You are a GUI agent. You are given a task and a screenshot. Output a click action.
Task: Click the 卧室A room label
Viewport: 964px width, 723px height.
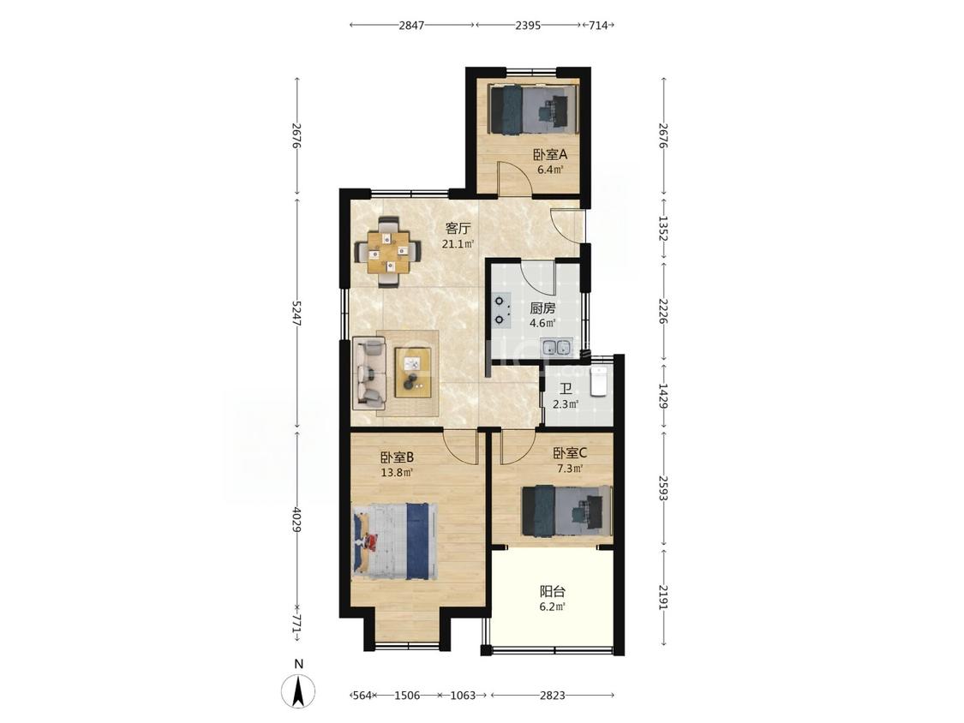point(549,154)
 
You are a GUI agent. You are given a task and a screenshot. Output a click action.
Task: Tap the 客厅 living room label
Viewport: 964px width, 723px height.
point(458,229)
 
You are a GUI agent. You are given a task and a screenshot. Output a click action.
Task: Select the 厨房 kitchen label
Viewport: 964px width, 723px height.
point(543,308)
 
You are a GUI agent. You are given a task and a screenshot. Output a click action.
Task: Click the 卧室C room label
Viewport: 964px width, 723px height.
point(570,453)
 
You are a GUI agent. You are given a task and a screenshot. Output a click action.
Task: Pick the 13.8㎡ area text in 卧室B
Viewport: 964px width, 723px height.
point(397,473)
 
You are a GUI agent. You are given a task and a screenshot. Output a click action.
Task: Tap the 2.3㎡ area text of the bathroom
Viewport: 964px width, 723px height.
point(566,404)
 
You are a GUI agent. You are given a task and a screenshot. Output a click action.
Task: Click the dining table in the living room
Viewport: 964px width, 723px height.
point(388,251)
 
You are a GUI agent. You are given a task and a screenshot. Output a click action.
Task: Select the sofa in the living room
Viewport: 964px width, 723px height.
point(370,373)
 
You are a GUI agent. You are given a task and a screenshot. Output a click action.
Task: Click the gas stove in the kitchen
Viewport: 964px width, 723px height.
point(502,310)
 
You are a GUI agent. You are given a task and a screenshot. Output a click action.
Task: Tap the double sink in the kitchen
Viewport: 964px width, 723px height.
point(556,348)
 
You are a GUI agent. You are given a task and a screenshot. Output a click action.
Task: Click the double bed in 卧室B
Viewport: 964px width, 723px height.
point(395,541)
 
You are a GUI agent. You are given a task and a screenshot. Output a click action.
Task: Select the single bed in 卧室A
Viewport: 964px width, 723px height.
point(533,108)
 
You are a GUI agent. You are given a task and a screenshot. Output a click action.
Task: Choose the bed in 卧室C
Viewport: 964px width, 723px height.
point(567,511)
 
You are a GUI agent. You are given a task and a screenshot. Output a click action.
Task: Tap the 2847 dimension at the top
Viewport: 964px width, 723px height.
point(411,25)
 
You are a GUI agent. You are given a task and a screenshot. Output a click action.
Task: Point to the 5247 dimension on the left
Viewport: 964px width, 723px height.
point(297,314)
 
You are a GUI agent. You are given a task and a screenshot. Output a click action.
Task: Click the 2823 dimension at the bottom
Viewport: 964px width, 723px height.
point(552,696)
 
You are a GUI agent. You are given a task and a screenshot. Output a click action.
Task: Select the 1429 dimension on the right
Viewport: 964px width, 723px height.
point(662,397)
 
